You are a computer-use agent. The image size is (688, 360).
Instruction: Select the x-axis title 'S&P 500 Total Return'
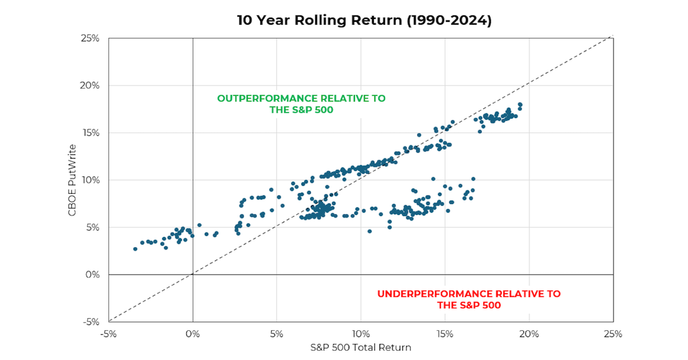[x=361, y=347]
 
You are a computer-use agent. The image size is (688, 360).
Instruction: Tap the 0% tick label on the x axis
[x=193, y=334]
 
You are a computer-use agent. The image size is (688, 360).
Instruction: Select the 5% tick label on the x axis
[x=277, y=334]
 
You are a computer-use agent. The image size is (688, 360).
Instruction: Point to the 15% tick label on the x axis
[x=445, y=334]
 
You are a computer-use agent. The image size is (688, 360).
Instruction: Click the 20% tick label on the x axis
[x=529, y=334]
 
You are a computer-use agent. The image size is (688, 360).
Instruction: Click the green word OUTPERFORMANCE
[x=267, y=99]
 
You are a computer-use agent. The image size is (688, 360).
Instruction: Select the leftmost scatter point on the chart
[x=135, y=249]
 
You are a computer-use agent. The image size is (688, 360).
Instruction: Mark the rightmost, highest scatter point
[x=520, y=104]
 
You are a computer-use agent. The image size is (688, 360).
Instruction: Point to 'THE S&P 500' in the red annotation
[x=469, y=306]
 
